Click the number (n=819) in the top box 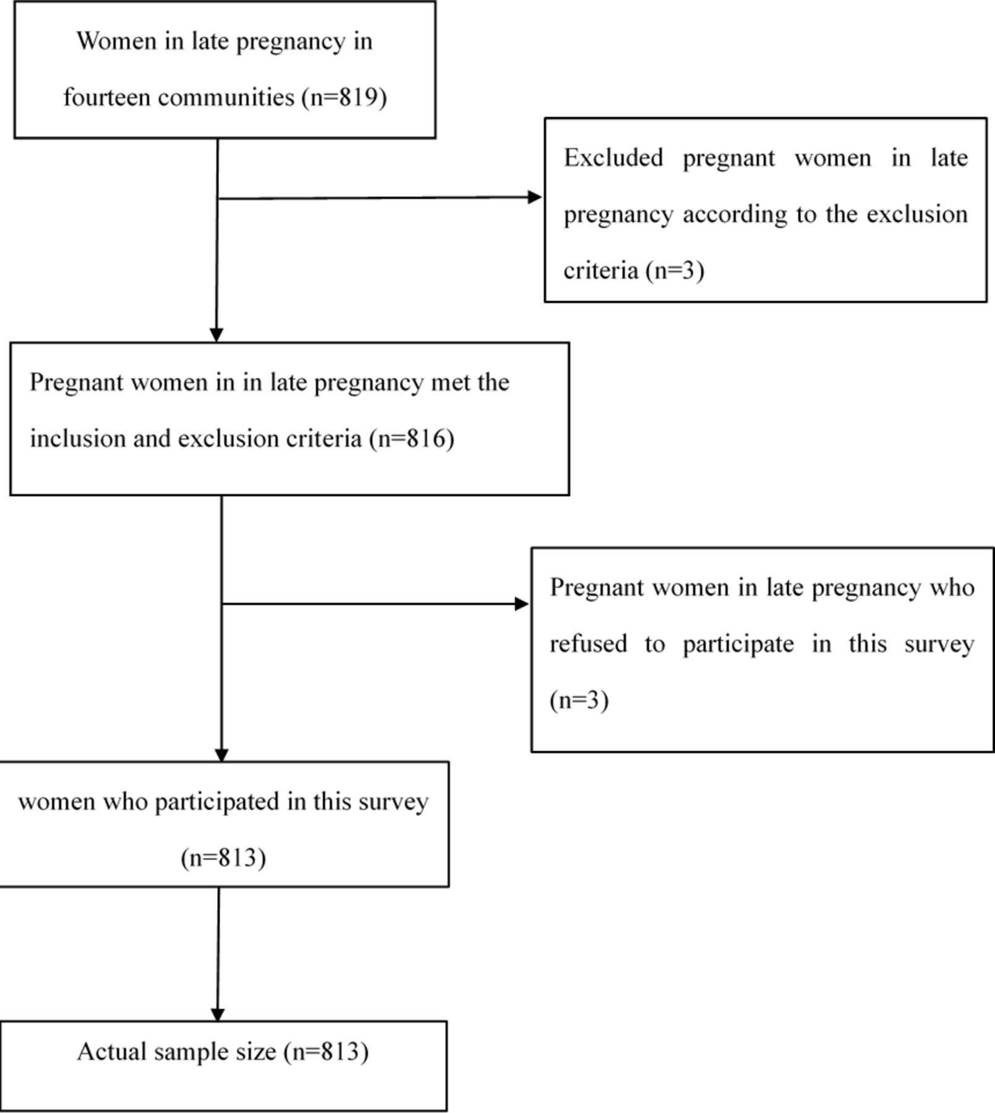click(x=344, y=98)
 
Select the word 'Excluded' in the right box click(x=613, y=157)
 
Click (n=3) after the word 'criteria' click(x=675, y=270)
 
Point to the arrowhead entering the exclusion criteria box click(x=535, y=197)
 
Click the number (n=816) click(x=412, y=438)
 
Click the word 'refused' click(x=588, y=644)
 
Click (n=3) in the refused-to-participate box click(x=579, y=700)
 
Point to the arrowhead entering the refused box click(x=522, y=604)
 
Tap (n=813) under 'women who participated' click(x=223, y=858)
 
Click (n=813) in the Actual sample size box click(x=326, y=1052)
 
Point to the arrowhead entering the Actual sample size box click(x=217, y=1014)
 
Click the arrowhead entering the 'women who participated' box click(x=221, y=754)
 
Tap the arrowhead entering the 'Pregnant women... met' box click(x=216, y=335)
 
